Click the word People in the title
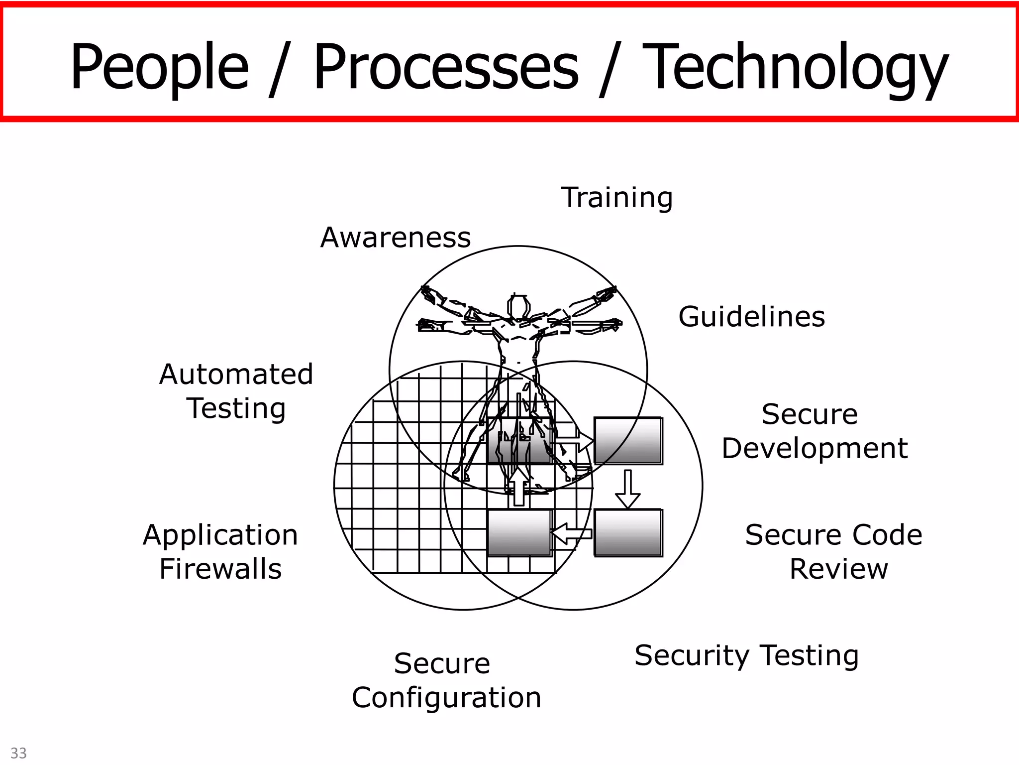click(159, 67)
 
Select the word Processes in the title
click(446, 67)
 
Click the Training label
click(617, 198)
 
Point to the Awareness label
click(396, 238)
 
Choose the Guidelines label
click(752, 317)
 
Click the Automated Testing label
click(236, 391)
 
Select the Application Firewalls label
click(220, 552)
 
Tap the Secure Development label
click(814, 431)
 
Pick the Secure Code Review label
click(834, 552)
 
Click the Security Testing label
click(746, 655)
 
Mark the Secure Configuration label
click(446, 680)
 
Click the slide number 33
click(19, 753)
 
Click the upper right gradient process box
click(628, 441)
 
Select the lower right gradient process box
click(628, 532)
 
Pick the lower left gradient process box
click(519, 532)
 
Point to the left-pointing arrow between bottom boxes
click(572, 533)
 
